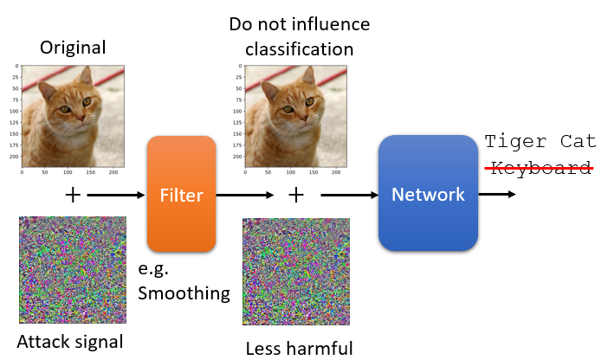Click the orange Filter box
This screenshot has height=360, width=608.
tap(181, 195)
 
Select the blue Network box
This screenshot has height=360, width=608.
tap(428, 194)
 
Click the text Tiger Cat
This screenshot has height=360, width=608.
tap(540, 141)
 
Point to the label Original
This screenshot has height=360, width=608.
tap(73, 47)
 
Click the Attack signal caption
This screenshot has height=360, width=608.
tap(69, 341)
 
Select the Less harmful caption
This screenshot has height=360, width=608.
tap(300, 349)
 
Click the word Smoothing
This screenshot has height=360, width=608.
tap(184, 292)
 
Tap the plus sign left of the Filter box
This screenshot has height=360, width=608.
tap(73, 195)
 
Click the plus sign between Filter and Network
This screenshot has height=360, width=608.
tap(296, 195)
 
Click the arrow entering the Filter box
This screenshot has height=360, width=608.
tap(116, 195)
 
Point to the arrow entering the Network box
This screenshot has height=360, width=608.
tap(347, 195)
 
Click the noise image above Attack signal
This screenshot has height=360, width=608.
tap(73, 269)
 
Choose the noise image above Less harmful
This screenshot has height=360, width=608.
tap(295, 272)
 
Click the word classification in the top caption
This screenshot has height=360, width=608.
tap(299, 48)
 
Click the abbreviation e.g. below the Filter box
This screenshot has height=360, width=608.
tap(155, 269)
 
